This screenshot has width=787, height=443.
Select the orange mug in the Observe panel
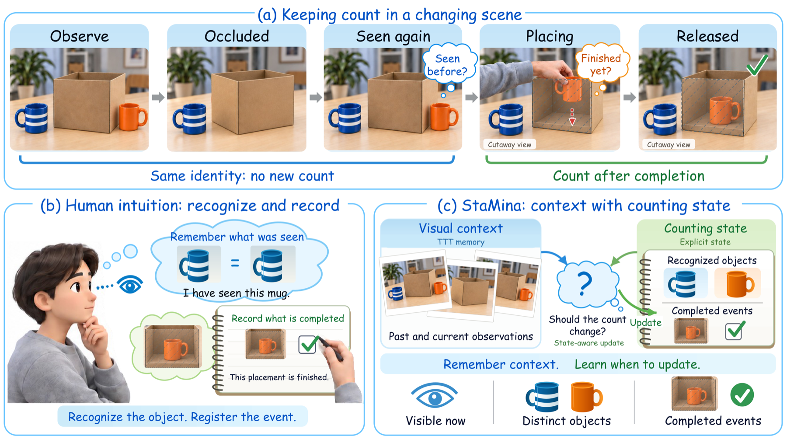click(133, 117)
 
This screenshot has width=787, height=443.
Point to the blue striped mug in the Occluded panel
click(189, 119)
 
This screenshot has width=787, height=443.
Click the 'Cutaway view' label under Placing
click(509, 145)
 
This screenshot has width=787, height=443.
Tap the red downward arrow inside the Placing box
click(572, 117)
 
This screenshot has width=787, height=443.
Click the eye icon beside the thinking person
click(130, 285)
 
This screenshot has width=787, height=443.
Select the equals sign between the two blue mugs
click(235, 263)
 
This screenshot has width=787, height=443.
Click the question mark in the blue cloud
click(585, 283)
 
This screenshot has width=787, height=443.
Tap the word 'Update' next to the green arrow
click(645, 322)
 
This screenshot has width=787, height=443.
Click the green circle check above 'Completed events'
click(742, 395)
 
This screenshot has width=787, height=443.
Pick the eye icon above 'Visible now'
click(435, 396)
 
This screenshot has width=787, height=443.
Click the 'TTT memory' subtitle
click(461, 242)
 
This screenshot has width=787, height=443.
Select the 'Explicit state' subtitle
click(705, 242)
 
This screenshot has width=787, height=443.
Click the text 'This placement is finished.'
click(279, 377)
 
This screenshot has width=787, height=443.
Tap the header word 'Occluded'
click(237, 36)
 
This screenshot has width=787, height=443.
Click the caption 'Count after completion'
click(629, 176)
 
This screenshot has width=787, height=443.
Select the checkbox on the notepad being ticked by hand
click(307, 345)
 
